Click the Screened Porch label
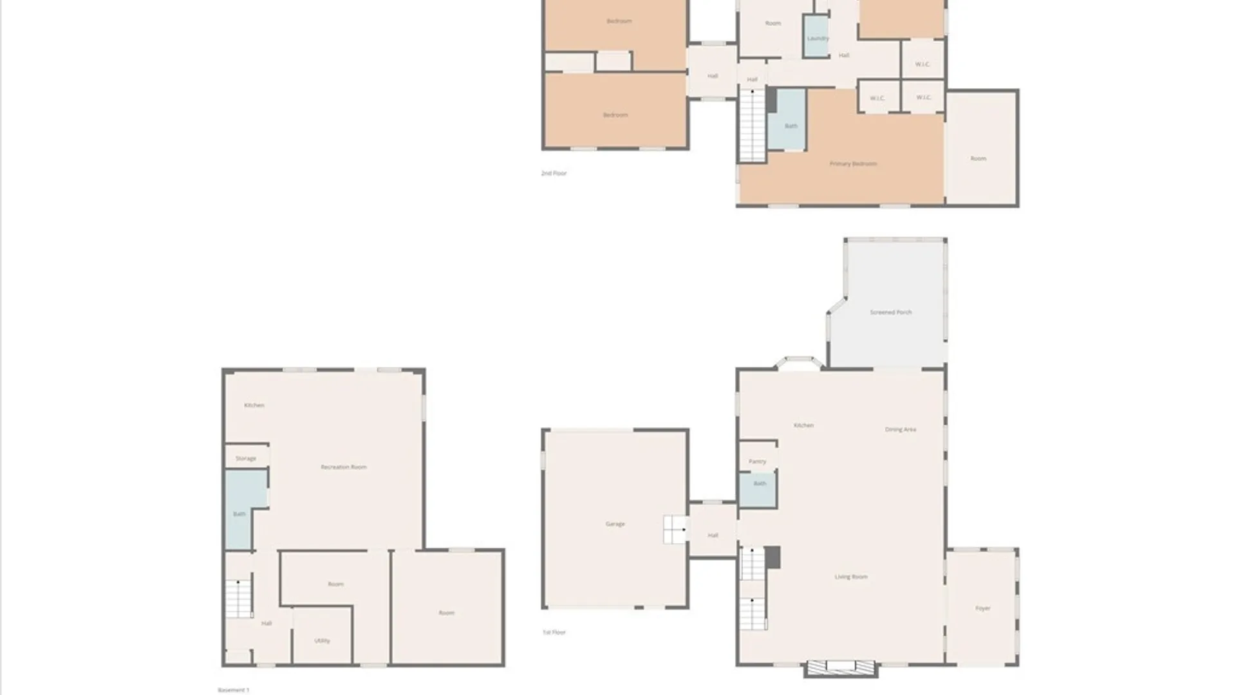point(890,312)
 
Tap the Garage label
point(615,524)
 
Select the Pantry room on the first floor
point(757,461)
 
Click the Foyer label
point(982,608)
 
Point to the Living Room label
point(850,577)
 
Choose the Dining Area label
point(900,429)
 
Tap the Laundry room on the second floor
point(817,38)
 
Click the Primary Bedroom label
point(852,163)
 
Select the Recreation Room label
point(343,467)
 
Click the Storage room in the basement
point(246,458)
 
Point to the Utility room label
point(322,640)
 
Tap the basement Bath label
point(239,514)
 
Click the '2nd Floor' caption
point(554,173)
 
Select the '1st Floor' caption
point(554,632)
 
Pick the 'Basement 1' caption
point(233,690)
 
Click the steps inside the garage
point(675,530)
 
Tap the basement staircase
point(238,598)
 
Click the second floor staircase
point(751,125)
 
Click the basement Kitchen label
point(254,405)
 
